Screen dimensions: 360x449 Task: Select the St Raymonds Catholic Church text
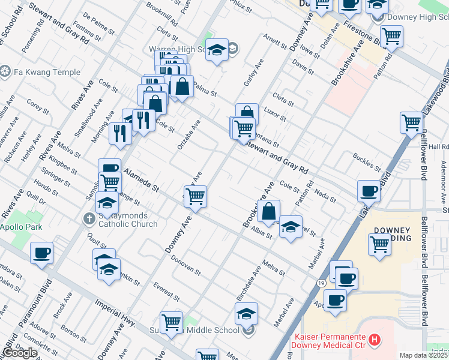tap(127, 220)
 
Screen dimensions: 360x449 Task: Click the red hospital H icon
tap(375, 340)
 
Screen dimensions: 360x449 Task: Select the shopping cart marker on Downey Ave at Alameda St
tap(195, 196)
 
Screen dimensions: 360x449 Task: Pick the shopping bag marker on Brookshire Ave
tap(270, 211)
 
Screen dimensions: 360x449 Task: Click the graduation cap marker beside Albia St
tap(291, 226)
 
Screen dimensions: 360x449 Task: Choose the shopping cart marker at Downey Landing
tap(379, 244)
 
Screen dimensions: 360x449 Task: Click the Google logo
tap(20, 353)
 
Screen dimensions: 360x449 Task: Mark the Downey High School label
tap(414, 16)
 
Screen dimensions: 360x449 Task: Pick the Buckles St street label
tap(367, 162)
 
